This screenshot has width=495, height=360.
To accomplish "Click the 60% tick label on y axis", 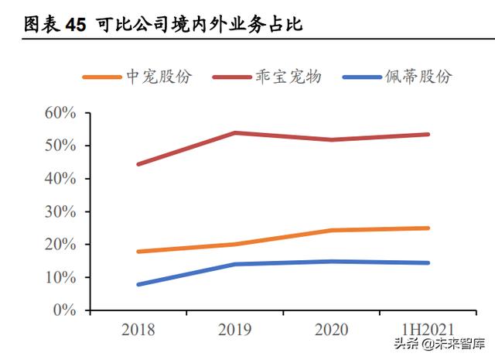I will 59,113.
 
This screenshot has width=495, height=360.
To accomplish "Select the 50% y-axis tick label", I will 59,146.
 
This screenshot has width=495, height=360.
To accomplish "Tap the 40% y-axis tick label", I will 59,179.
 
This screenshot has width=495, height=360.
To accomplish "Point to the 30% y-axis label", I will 59,211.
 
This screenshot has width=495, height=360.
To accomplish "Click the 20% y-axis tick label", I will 59,245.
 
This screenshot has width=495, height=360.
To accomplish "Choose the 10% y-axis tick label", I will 59,277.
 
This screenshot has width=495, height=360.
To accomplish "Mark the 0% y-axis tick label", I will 63,310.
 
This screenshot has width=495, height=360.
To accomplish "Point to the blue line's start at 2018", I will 138,284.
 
